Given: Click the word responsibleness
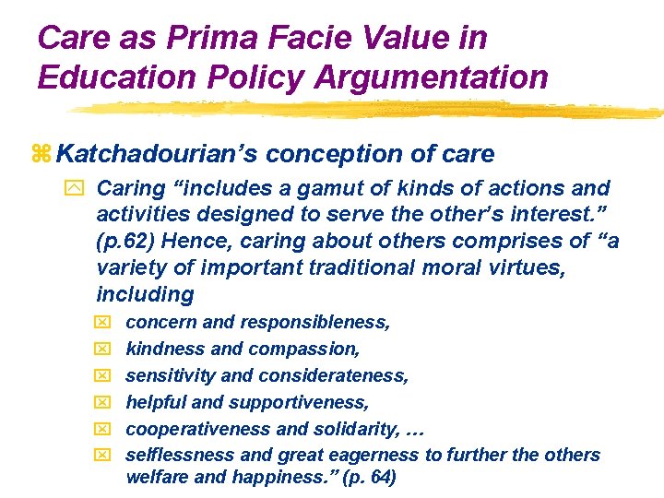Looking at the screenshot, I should pos(315,323).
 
